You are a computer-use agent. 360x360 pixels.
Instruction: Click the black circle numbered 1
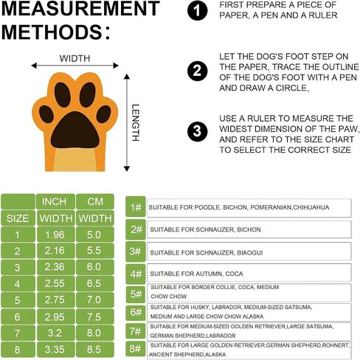coord(197,10)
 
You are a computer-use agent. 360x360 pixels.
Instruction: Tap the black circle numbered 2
coord(197,71)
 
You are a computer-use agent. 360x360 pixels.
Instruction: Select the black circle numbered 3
coord(197,131)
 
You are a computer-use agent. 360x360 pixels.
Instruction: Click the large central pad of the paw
coord(75,130)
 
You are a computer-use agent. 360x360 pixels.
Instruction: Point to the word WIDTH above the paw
coord(75,58)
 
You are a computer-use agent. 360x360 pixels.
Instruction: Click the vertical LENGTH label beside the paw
coord(136,122)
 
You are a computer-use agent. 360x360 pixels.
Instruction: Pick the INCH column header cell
coord(55,201)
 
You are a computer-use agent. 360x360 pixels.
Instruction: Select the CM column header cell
coord(95,201)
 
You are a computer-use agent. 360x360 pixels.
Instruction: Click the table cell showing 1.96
coord(55,235)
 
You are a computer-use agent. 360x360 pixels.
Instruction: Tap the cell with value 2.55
coord(55,283)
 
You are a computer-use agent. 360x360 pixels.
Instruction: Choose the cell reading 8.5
coord(95,349)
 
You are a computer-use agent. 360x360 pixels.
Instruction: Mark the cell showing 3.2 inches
coord(55,333)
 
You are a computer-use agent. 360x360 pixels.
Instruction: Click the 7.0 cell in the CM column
coord(95,300)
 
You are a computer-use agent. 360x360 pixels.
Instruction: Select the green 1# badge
coord(136,207)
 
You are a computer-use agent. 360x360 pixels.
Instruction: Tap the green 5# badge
coord(136,294)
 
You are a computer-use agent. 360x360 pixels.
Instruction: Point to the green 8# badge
coord(136,348)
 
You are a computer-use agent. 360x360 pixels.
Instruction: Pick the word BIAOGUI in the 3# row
coord(250,253)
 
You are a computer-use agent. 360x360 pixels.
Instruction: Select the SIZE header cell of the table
coord(18,218)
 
